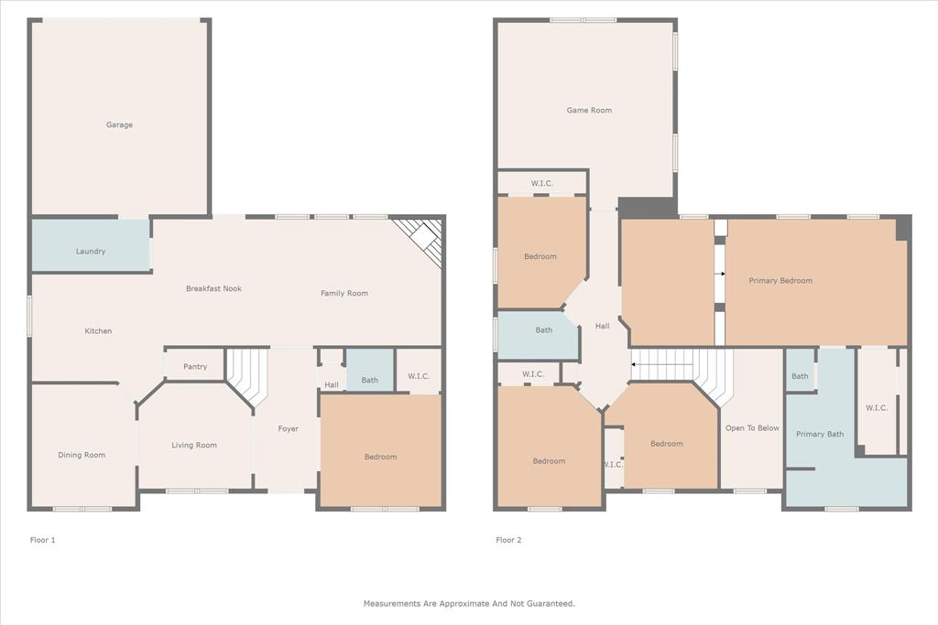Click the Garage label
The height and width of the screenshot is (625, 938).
click(119, 124)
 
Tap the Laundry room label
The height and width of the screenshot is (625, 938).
click(91, 251)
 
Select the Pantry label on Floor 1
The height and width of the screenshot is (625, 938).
click(195, 367)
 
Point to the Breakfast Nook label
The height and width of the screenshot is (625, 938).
click(213, 288)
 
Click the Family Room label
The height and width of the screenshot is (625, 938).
click(344, 293)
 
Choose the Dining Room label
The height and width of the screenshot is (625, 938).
click(82, 455)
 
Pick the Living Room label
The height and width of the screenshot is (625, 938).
click(194, 446)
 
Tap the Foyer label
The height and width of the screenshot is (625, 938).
click(289, 428)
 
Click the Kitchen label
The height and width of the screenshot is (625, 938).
click(98, 330)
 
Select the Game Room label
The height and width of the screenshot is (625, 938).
click(589, 110)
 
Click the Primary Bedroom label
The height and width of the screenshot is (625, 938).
click(780, 281)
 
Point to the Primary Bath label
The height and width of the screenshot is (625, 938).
click(820, 434)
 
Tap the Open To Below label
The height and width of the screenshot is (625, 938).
click(752, 427)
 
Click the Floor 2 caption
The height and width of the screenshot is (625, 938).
click(508, 540)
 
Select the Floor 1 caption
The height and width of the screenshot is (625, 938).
click(43, 540)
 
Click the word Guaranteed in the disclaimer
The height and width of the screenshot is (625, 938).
click(548, 603)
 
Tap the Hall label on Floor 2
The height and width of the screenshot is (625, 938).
click(602, 326)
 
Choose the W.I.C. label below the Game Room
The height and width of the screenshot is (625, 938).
click(542, 183)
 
